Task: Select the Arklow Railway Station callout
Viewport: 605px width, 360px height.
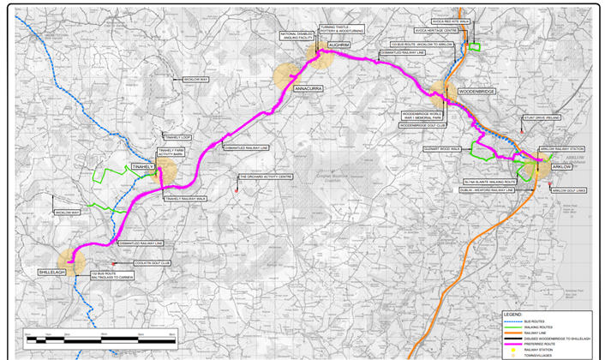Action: click(x=561, y=148)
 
